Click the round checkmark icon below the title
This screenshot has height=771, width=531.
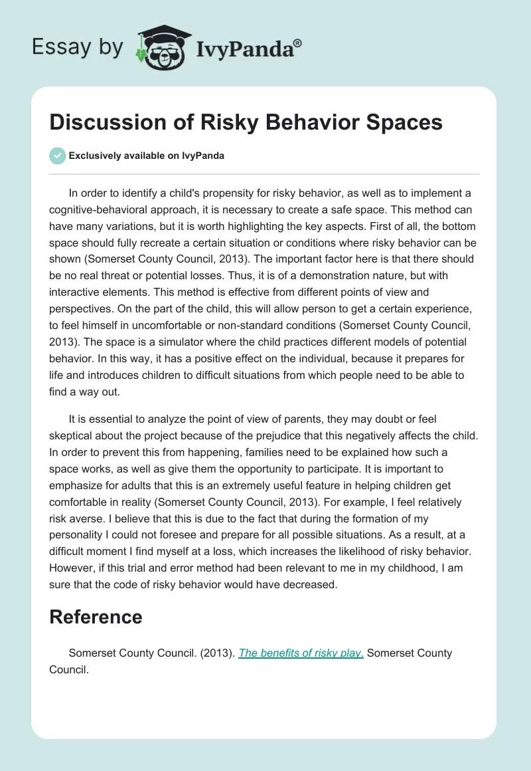pyautogui.click(x=57, y=156)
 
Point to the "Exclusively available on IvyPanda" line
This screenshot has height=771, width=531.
pyautogui.click(x=147, y=156)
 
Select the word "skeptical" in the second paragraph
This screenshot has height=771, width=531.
pyautogui.click(x=76, y=436)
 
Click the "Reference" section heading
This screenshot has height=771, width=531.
pyautogui.click(x=96, y=617)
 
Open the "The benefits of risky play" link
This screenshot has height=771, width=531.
pyautogui.click(x=301, y=653)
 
